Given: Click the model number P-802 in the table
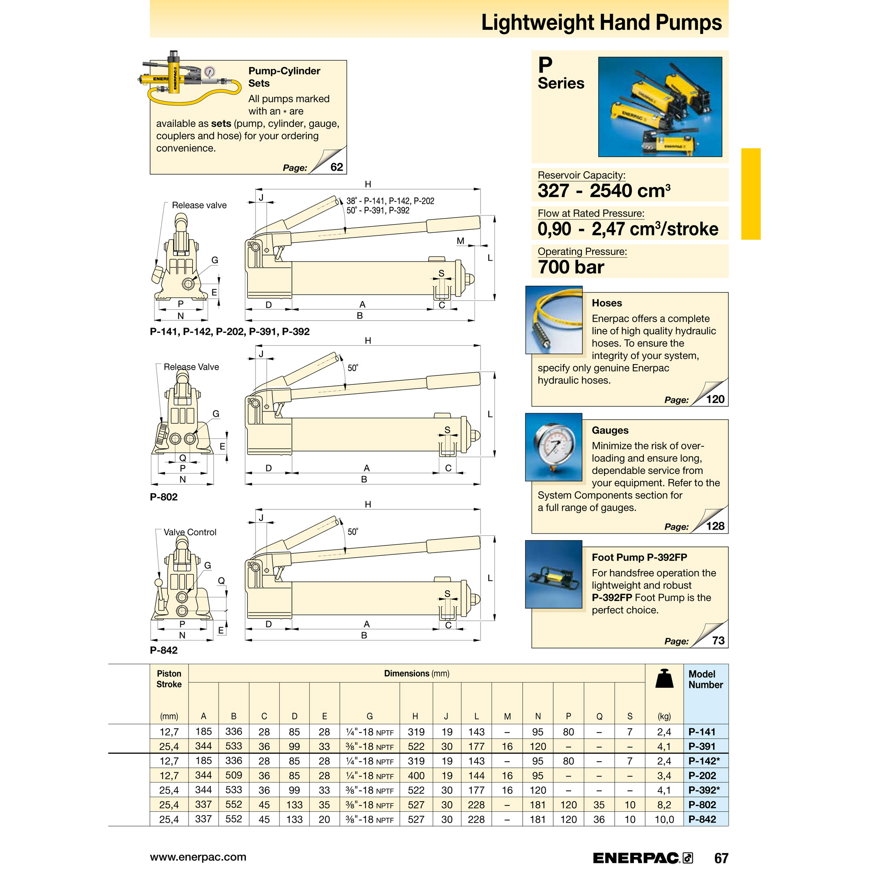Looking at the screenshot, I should (x=702, y=805).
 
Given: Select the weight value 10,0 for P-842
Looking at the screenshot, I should (x=664, y=819).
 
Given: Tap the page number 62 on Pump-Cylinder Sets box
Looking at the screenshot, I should (x=336, y=167).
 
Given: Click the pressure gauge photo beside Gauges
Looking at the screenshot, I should (x=554, y=447).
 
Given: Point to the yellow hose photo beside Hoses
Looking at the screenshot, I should (x=554, y=320).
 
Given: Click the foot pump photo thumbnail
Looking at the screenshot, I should (x=554, y=574).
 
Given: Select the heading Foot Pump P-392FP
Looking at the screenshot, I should (x=639, y=557).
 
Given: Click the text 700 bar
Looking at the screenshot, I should (x=571, y=267).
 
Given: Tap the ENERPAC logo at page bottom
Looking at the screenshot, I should (x=642, y=858).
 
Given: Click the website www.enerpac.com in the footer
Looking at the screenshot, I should (x=198, y=857).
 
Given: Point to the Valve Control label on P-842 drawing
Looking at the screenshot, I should (x=190, y=532).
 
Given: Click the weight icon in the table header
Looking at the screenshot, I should (x=664, y=679).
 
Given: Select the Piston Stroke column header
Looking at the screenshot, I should (x=169, y=679).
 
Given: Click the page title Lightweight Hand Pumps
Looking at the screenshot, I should (x=601, y=23).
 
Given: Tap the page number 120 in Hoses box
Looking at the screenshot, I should (x=715, y=399).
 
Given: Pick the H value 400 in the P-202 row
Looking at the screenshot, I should (x=416, y=776).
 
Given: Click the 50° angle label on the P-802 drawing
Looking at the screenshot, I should (x=353, y=368).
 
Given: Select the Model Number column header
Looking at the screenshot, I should (x=705, y=679).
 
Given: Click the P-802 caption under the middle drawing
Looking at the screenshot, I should (x=164, y=497).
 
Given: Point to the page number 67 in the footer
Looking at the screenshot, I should (x=721, y=858).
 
